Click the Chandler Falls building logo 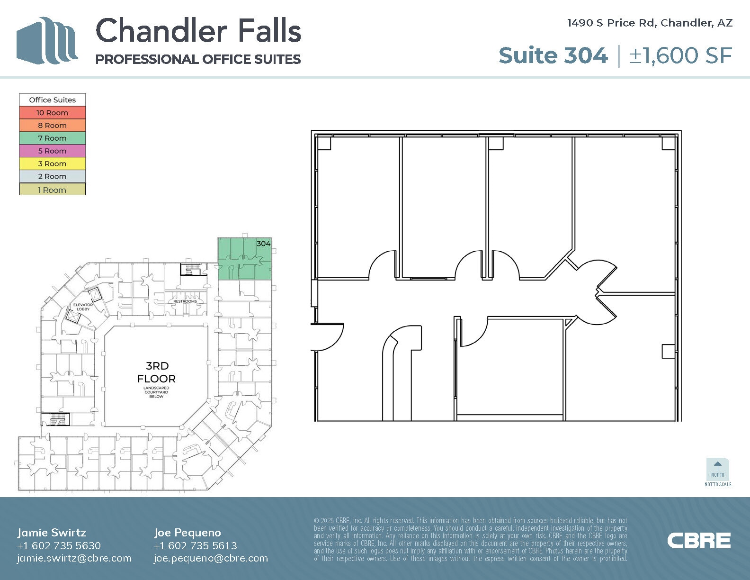[x=47, y=41]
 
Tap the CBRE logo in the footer [x=699, y=541]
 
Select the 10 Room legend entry [x=53, y=113]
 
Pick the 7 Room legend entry [x=53, y=138]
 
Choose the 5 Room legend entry [x=53, y=151]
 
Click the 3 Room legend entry [x=53, y=164]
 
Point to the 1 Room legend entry [x=53, y=190]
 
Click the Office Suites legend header [x=53, y=100]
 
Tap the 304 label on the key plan [x=263, y=244]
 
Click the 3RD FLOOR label [x=156, y=372]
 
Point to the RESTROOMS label [x=185, y=301]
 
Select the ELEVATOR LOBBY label [x=83, y=307]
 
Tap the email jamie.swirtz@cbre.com [x=74, y=558]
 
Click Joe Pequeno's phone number [x=195, y=545]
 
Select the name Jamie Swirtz [x=52, y=533]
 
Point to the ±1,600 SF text [x=680, y=55]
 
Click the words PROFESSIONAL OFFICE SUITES [x=198, y=59]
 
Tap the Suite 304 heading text [x=553, y=55]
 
